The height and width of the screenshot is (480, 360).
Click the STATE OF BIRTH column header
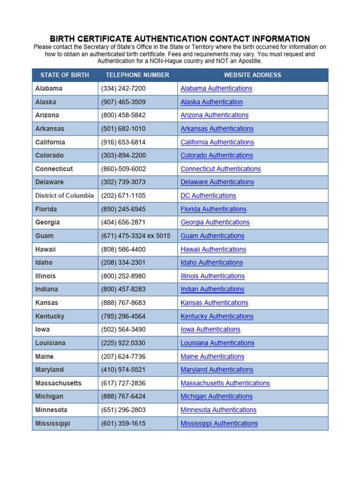tap(65, 75)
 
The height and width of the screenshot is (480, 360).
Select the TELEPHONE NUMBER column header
tap(137, 75)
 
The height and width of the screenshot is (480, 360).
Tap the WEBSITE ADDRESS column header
tap(252, 75)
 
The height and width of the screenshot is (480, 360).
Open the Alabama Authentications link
tap(216, 89)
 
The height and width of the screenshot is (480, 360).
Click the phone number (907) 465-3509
tap(123, 102)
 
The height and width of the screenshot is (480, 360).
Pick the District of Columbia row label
tap(65, 195)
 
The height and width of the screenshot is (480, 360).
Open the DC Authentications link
tap(208, 195)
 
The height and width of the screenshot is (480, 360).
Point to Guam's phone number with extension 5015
tap(136, 236)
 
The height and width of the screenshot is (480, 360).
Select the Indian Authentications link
tap(212, 289)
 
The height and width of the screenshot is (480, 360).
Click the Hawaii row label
tap(45, 249)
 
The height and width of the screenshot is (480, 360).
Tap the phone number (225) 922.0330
tap(123, 343)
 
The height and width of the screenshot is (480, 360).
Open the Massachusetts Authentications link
tap(225, 383)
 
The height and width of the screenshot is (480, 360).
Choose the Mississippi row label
tap(52, 424)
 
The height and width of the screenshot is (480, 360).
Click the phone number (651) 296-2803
tap(123, 410)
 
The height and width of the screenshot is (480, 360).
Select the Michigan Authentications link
tap(217, 397)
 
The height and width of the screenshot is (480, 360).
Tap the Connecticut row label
tap(54, 169)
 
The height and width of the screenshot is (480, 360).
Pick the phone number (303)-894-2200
tap(123, 156)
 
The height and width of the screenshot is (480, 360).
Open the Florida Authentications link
tap(213, 209)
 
